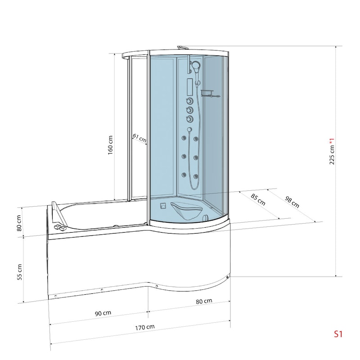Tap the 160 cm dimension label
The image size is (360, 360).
(110, 145)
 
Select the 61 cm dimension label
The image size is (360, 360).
(139, 138)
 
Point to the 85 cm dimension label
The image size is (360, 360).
(258, 199)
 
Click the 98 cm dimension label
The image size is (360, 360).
(292, 202)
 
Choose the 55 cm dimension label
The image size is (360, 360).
(19, 272)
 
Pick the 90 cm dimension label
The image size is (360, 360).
(103, 313)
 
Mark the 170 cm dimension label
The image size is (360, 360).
(144, 328)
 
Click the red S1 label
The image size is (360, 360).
(338, 334)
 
